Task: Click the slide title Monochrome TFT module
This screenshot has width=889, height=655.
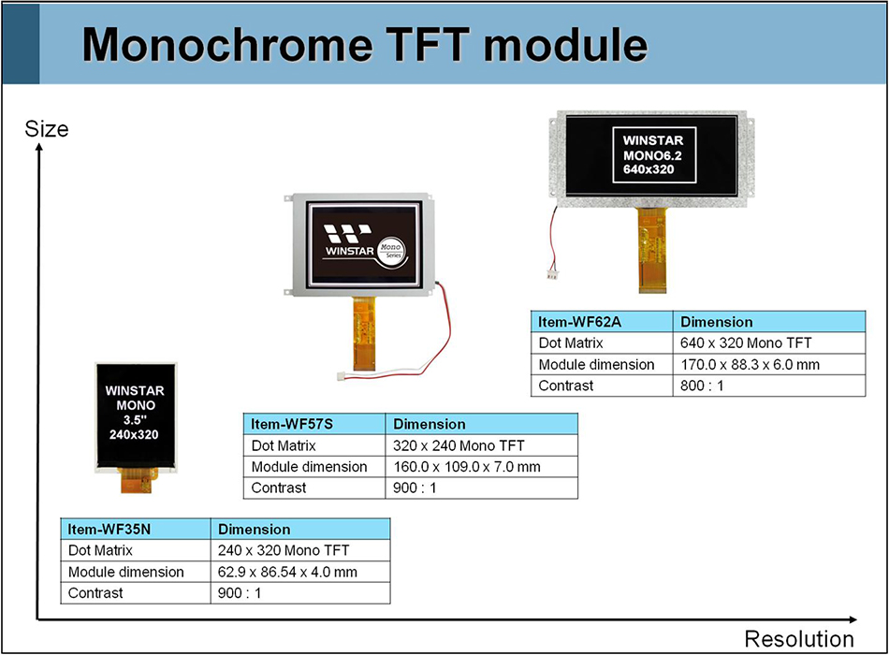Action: point(365,44)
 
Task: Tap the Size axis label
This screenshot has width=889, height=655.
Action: point(46,129)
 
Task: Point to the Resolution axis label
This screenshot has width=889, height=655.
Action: point(798,639)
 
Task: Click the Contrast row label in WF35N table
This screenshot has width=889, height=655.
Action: point(95,592)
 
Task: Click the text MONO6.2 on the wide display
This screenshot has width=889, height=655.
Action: point(653,155)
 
